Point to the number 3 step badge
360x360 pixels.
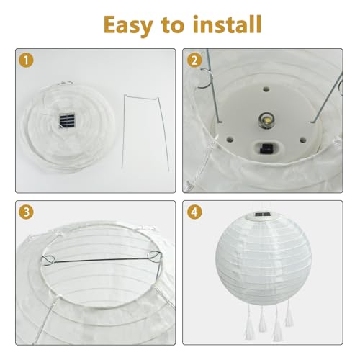pyautogui.click(x=26, y=214)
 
